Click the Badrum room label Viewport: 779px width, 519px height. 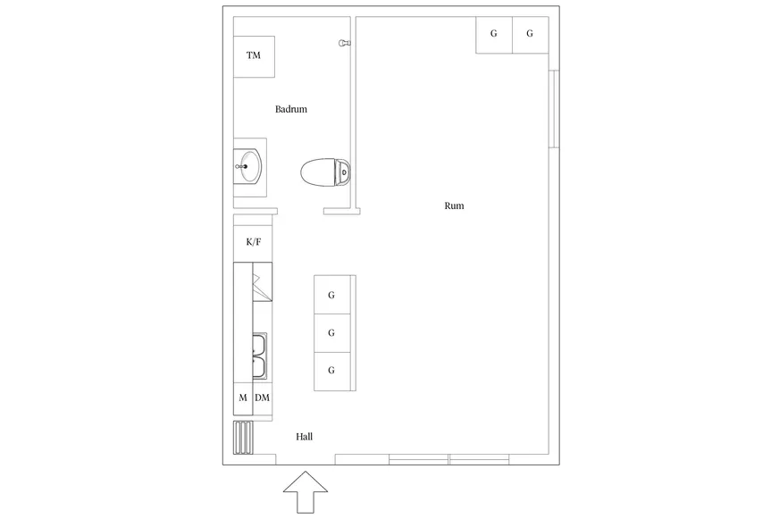(291, 109)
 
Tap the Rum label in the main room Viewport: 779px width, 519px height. (454, 205)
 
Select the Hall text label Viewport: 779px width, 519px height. (304, 437)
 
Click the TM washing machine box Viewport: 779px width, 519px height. (254, 56)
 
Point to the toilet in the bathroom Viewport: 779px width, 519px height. (325, 172)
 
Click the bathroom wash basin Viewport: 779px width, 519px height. (248, 167)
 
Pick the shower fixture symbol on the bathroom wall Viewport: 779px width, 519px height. (344, 43)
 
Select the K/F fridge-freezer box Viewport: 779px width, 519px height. (253, 242)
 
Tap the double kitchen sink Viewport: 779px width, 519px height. (259, 356)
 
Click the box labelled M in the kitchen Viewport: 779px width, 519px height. (243, 398)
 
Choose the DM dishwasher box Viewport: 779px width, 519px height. (263, 398)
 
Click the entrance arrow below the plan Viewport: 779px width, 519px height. (306, 491)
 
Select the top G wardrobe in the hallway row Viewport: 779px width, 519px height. (331, 295)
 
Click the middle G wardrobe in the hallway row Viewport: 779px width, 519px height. (331, 333)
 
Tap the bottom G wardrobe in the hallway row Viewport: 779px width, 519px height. (331, 371)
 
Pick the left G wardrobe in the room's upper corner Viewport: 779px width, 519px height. (494, 35)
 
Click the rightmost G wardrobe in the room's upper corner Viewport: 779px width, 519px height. (530, 35)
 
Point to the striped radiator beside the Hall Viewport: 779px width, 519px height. (243, 437)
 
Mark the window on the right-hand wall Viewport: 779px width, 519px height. (554, 109)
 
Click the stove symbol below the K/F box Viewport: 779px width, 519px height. (263, 281)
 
